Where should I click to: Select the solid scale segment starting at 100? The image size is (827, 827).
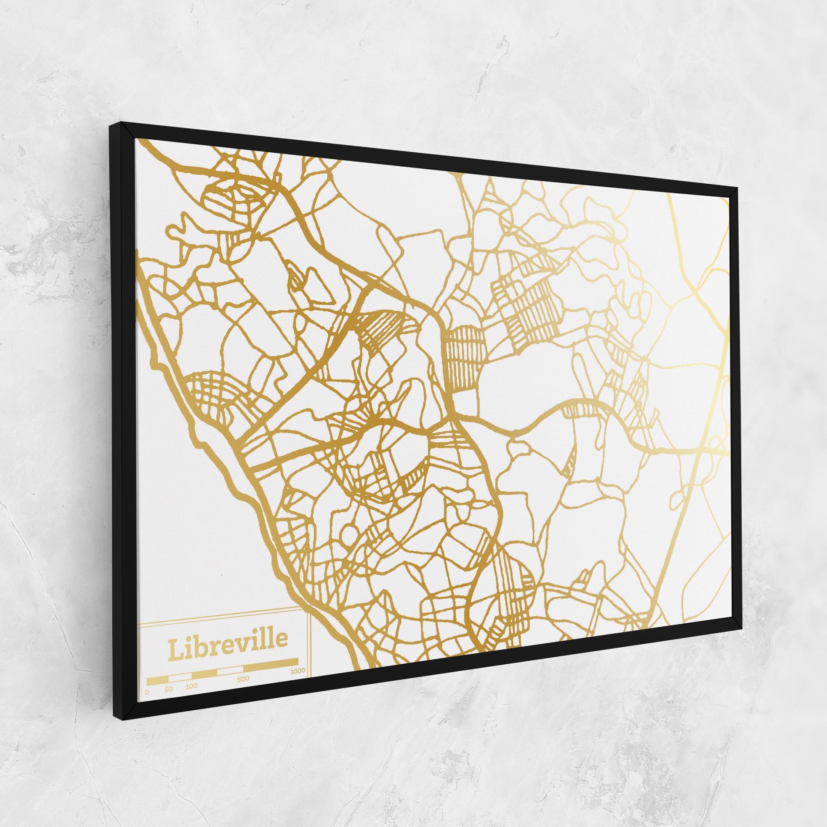point(204,675)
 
